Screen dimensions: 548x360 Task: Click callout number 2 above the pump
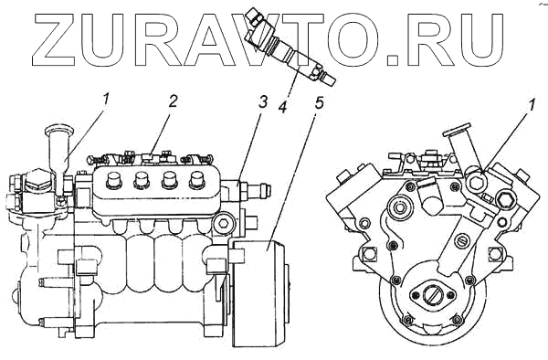173,101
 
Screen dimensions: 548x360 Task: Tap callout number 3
262,102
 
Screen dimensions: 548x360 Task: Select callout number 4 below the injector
282,107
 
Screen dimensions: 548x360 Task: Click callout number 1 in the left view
106,99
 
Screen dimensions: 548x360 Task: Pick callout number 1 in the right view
531,105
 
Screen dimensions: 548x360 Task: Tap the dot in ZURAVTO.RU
392,59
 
